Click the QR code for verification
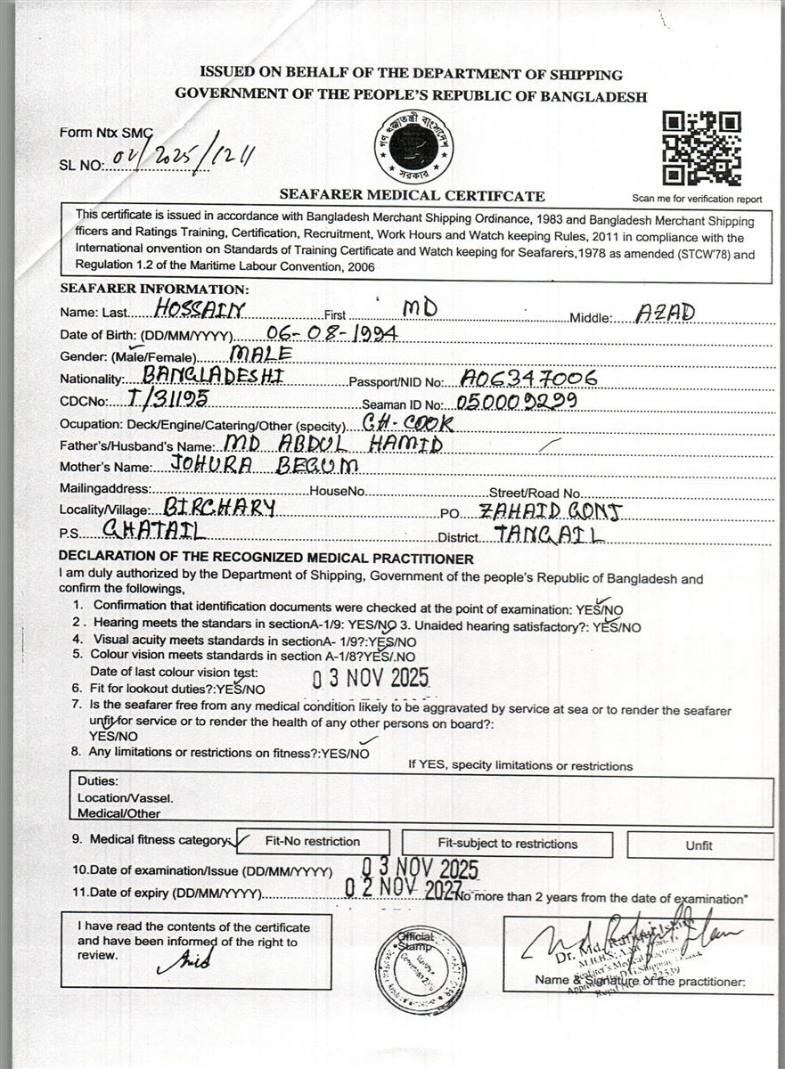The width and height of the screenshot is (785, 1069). (701, 148)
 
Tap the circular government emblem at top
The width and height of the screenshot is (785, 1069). (413, 148)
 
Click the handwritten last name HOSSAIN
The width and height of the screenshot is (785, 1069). (200, 309)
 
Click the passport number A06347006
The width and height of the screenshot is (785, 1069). (529, 378)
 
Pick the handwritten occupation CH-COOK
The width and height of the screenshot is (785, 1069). (409, 421)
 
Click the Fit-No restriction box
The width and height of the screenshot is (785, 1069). (313, 842)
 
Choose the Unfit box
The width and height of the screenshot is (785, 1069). (699, 845)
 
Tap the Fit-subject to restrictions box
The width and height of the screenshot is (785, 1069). (507, 844)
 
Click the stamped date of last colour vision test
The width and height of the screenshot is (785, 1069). (371, 678)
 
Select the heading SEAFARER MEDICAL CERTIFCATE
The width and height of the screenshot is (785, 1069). (412, 195)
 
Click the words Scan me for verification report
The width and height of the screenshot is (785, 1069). (697, 199)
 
